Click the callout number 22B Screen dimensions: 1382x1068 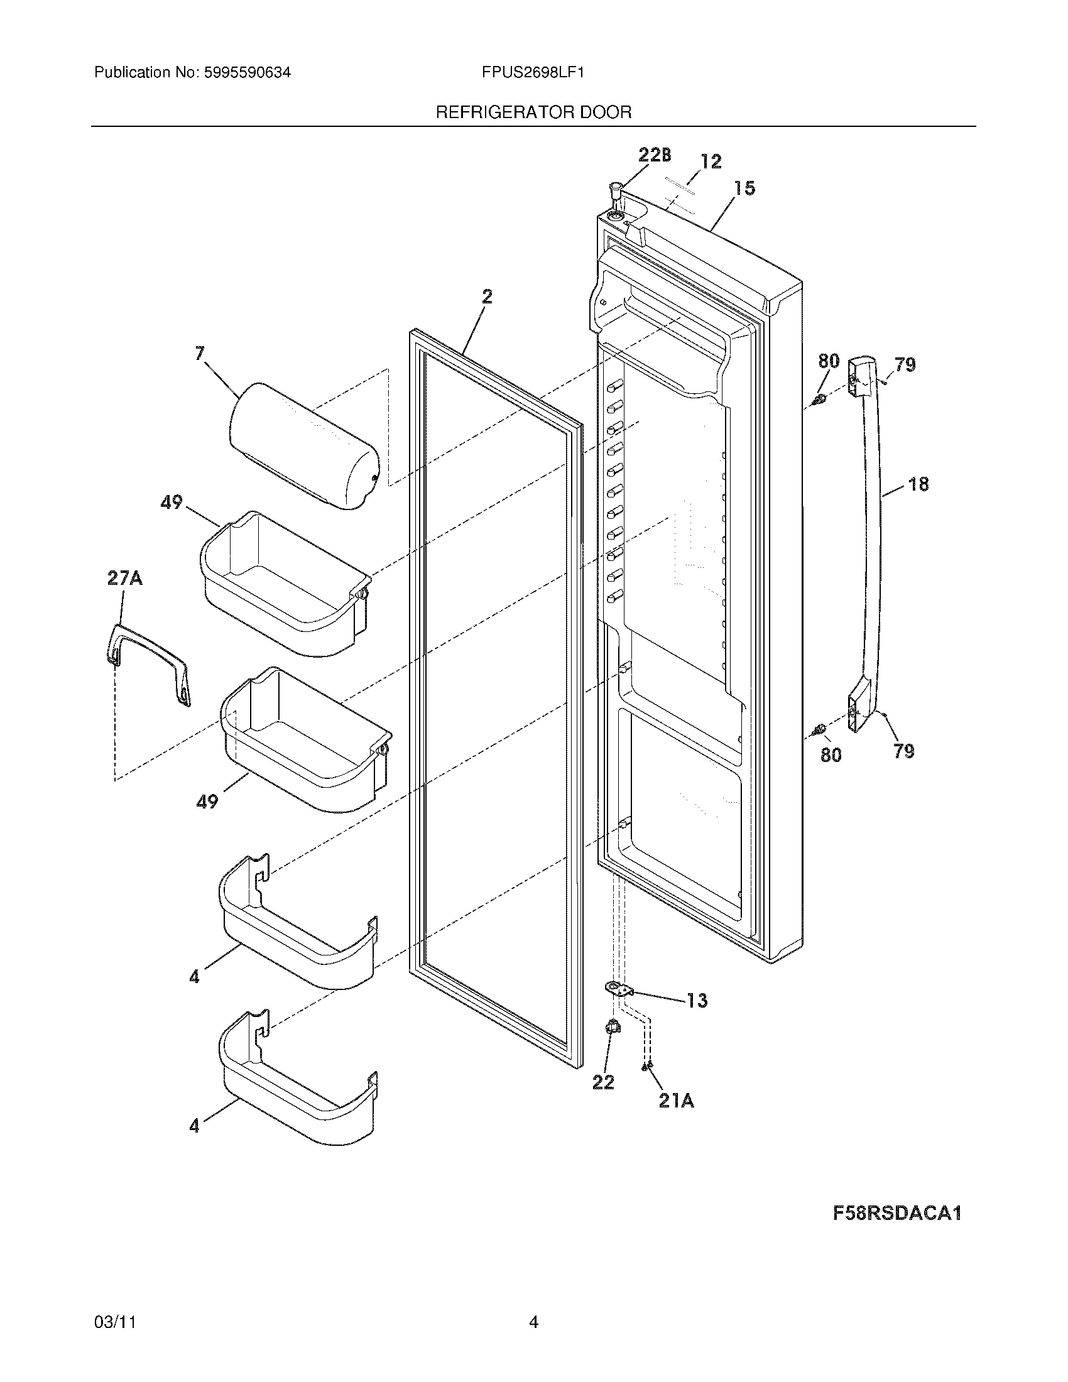coord(654,155)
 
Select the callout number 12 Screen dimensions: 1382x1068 coord(711,161)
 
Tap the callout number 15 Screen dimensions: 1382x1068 coord(744,188)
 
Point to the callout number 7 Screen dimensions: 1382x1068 coord(200,353)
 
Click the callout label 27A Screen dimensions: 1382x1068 coord(124,578)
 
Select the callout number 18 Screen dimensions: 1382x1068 coord(918,484)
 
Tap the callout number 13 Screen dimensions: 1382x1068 coord(697,1001)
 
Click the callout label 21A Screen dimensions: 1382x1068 coord(676,1101)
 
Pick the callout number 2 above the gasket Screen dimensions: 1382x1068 coord(486,297)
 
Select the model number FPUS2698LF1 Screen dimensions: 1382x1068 coord(533,73)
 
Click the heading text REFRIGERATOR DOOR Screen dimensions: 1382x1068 coord(533,112)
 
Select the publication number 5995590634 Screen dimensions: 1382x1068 coord(248,73)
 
